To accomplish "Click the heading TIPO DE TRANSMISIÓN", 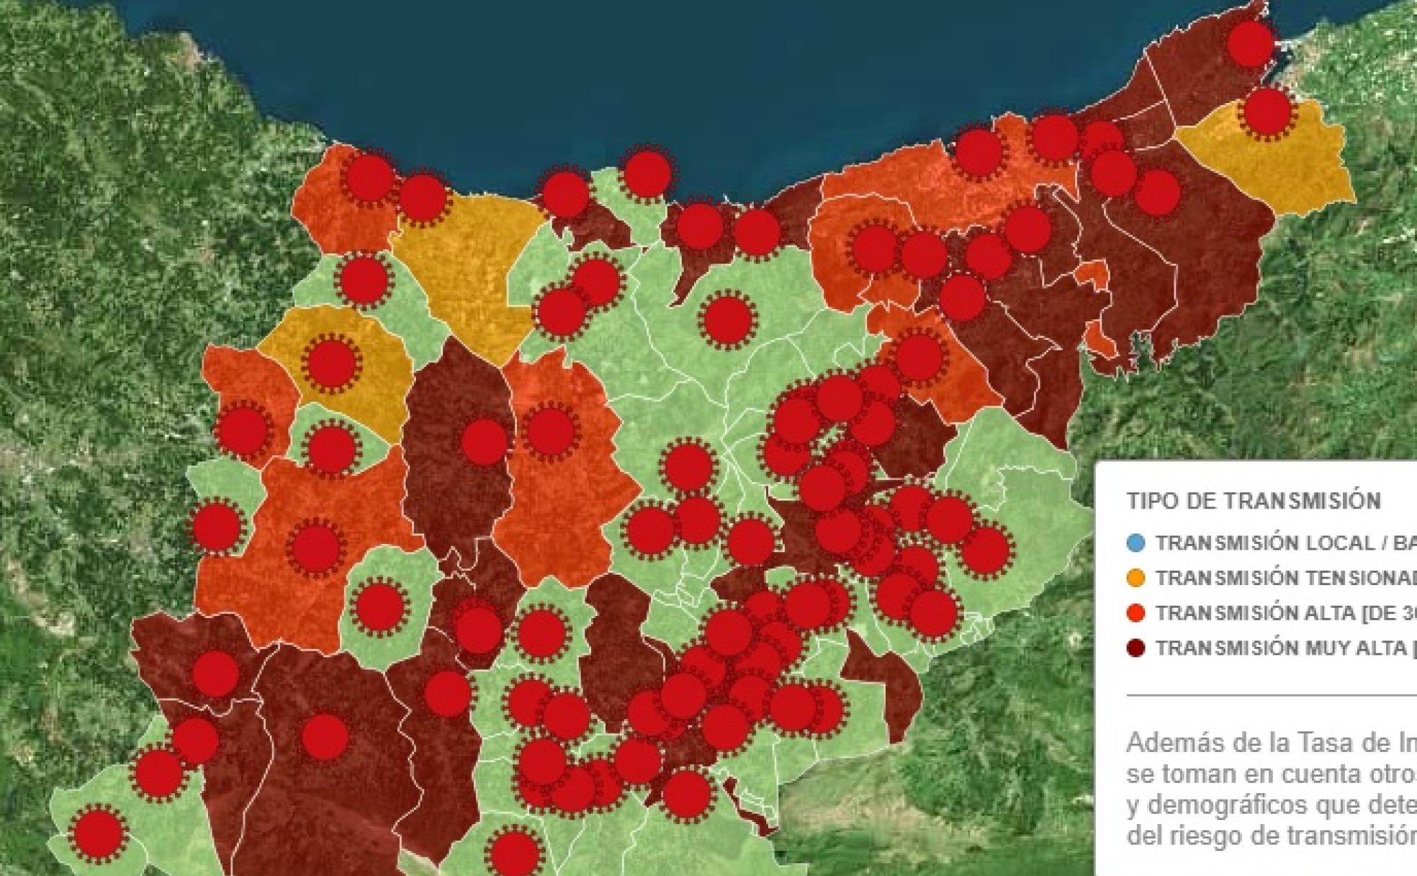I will tap(1254, 501).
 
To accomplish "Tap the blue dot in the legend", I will tap(1135, 543).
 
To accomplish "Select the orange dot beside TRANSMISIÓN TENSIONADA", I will tap(1135, 578).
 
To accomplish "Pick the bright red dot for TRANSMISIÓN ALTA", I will tap(1135, 613).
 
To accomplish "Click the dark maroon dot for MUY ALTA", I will tap(1135, 648).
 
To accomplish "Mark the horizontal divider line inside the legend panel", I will tap(1271, 695).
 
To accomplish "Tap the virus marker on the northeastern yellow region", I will tap(1267, 112).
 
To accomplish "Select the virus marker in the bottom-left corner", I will tap(98, 833).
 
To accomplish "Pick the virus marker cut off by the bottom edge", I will tap(513, 854).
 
